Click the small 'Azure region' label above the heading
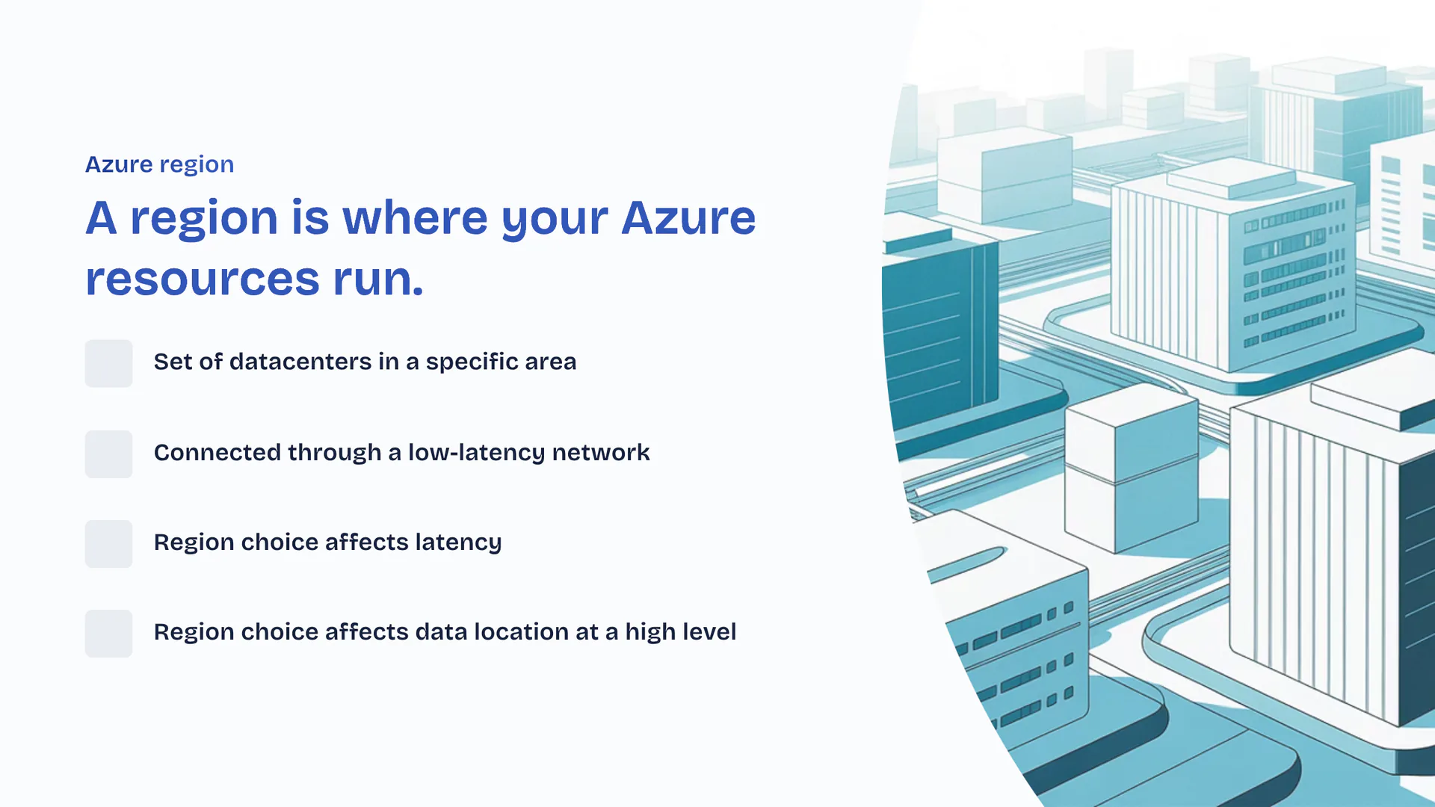159,164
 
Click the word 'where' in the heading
415,218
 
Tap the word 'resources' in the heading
203,279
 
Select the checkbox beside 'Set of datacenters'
108,363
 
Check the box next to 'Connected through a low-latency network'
108,454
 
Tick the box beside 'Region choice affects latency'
108,543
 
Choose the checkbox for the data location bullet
108,633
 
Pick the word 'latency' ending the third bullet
458,542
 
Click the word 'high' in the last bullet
649,632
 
